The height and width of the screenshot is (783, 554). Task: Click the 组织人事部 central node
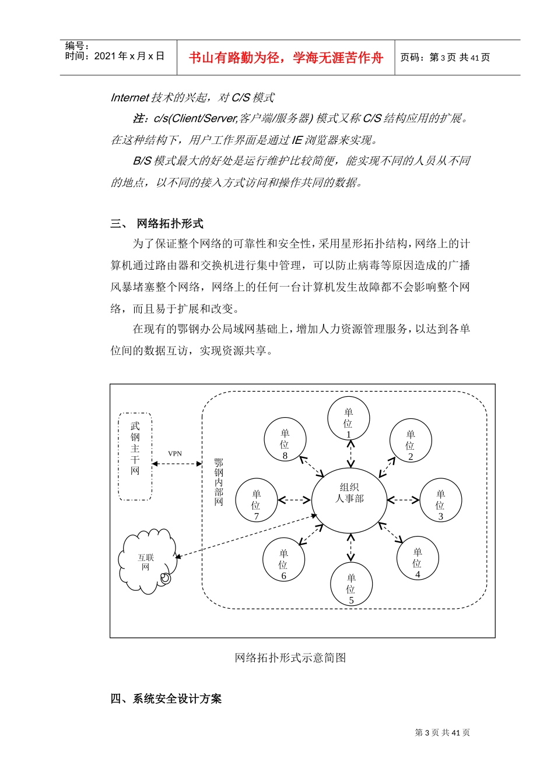[349, 499]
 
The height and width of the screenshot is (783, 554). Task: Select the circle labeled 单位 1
[349, 418]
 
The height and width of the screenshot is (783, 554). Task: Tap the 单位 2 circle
[411, 440]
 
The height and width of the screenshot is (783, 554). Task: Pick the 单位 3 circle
[440, 499]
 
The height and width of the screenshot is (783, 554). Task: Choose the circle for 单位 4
[418, 558]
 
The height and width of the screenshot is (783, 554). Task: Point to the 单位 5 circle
[351, 584]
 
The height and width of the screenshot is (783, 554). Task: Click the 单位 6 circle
[284, 559]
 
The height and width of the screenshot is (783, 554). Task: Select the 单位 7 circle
[256, 500]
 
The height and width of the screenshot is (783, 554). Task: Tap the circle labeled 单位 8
[285, 439]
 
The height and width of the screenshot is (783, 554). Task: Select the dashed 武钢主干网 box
[135, 456]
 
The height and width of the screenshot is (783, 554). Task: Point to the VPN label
[175, 453]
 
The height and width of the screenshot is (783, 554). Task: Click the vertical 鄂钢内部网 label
[219, 482]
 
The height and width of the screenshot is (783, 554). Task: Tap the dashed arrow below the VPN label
[177, 464]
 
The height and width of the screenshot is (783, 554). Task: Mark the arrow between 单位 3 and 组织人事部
[403, 499]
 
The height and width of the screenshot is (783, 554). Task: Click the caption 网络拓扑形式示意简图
[290, 658]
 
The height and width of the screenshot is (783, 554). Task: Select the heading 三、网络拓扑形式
[157, 224]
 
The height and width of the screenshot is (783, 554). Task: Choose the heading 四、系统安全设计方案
[166, 699]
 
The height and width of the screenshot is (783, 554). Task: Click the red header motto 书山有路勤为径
[286, 58]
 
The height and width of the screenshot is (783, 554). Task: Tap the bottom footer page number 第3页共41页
[442, 732]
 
